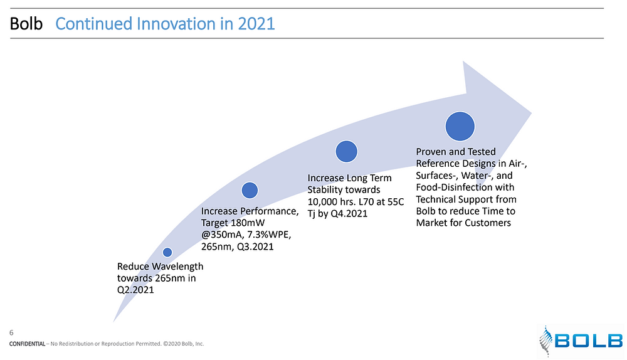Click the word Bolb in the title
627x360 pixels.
(26, 24)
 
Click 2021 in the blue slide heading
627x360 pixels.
(256, 24)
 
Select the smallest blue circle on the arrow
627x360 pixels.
(167, 252)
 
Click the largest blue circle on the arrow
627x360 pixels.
(460, 127)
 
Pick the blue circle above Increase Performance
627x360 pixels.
(250, 191)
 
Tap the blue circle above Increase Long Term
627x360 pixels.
(346, 152)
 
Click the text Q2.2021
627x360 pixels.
(135, 290)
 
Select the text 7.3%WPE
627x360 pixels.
(269, 235)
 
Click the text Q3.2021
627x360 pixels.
(255, 247)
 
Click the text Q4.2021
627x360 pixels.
(349, 214)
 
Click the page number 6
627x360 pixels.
(11, 333)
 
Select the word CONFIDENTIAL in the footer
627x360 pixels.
(27, 344)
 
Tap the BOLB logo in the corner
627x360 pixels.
(581, 341)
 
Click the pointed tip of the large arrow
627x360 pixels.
(532, 113)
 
